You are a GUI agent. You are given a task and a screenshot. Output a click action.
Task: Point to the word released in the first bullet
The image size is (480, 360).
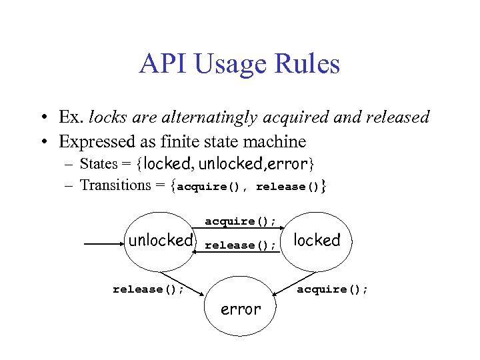coord(397,118)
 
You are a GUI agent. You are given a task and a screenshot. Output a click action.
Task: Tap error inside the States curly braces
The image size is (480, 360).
coord(287,163)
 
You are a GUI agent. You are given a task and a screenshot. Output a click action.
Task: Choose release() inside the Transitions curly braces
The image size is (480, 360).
coord(287,187)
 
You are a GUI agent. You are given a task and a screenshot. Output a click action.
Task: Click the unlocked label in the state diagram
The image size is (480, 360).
coord(161,241)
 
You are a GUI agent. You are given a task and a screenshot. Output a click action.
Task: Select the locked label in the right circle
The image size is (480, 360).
coord(317,240)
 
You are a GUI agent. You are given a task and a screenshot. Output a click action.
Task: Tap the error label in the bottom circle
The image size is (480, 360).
coord(241,309)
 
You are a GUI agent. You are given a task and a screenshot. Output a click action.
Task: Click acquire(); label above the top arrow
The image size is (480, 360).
coord(240,221)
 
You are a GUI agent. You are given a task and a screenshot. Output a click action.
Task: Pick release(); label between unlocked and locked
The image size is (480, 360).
coord(240,245)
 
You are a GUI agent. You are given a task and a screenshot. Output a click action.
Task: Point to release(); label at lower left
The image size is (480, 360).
coord(149,289)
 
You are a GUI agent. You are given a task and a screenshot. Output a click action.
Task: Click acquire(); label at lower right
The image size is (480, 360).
coord(332,289)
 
